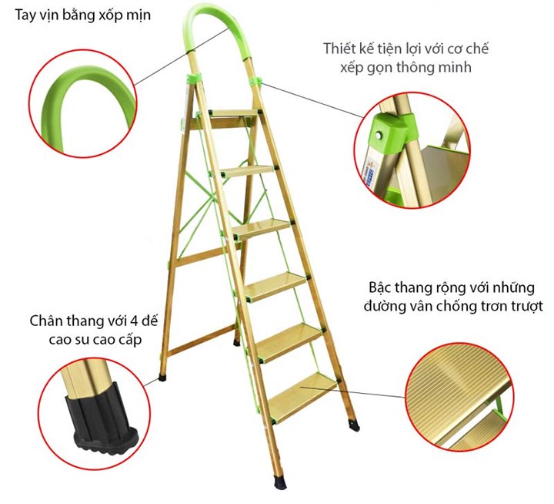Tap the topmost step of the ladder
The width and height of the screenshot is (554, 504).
pos(234,113)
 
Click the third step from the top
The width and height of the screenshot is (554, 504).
pos(262,227)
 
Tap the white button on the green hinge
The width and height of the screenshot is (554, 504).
pos(379,135)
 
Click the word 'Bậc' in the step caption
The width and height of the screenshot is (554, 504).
pos(380,287)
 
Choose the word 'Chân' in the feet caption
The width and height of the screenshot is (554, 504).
pos(44,321)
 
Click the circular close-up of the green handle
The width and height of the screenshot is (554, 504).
pos(82,103)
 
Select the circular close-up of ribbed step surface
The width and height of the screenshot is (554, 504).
pos(459,397)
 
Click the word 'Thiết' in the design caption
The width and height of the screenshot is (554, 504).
pos(339,49)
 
